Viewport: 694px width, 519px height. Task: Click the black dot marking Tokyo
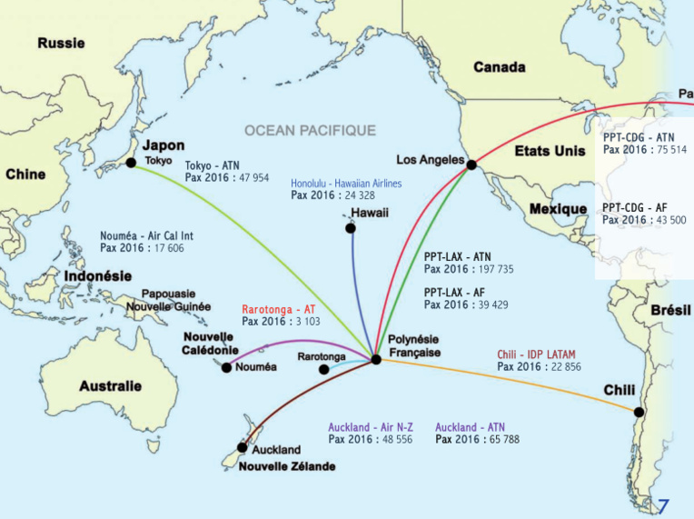tap(131, 163)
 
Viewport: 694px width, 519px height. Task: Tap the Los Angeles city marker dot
tap(471, 164)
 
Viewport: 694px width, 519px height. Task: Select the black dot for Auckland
tap(242, 447)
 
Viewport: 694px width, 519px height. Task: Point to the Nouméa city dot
tap(226, 367)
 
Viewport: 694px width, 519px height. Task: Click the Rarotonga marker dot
tap(324, 370)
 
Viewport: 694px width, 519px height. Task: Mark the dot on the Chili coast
tap(639, 412)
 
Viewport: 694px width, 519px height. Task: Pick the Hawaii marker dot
tap(351, 227)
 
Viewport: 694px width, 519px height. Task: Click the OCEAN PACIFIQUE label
tap(310, 131)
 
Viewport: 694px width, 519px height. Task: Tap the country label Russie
tap(61, 42)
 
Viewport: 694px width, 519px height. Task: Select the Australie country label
tap(110, 385)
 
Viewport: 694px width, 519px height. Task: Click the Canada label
tap(500, 67)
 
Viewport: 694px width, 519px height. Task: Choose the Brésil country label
tap(671, 310)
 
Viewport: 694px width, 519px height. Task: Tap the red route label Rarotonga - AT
tap(278, 310)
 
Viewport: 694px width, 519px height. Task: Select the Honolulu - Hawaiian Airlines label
tap(346, 183)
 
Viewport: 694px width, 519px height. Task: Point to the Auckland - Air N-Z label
tap(371, 426)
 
